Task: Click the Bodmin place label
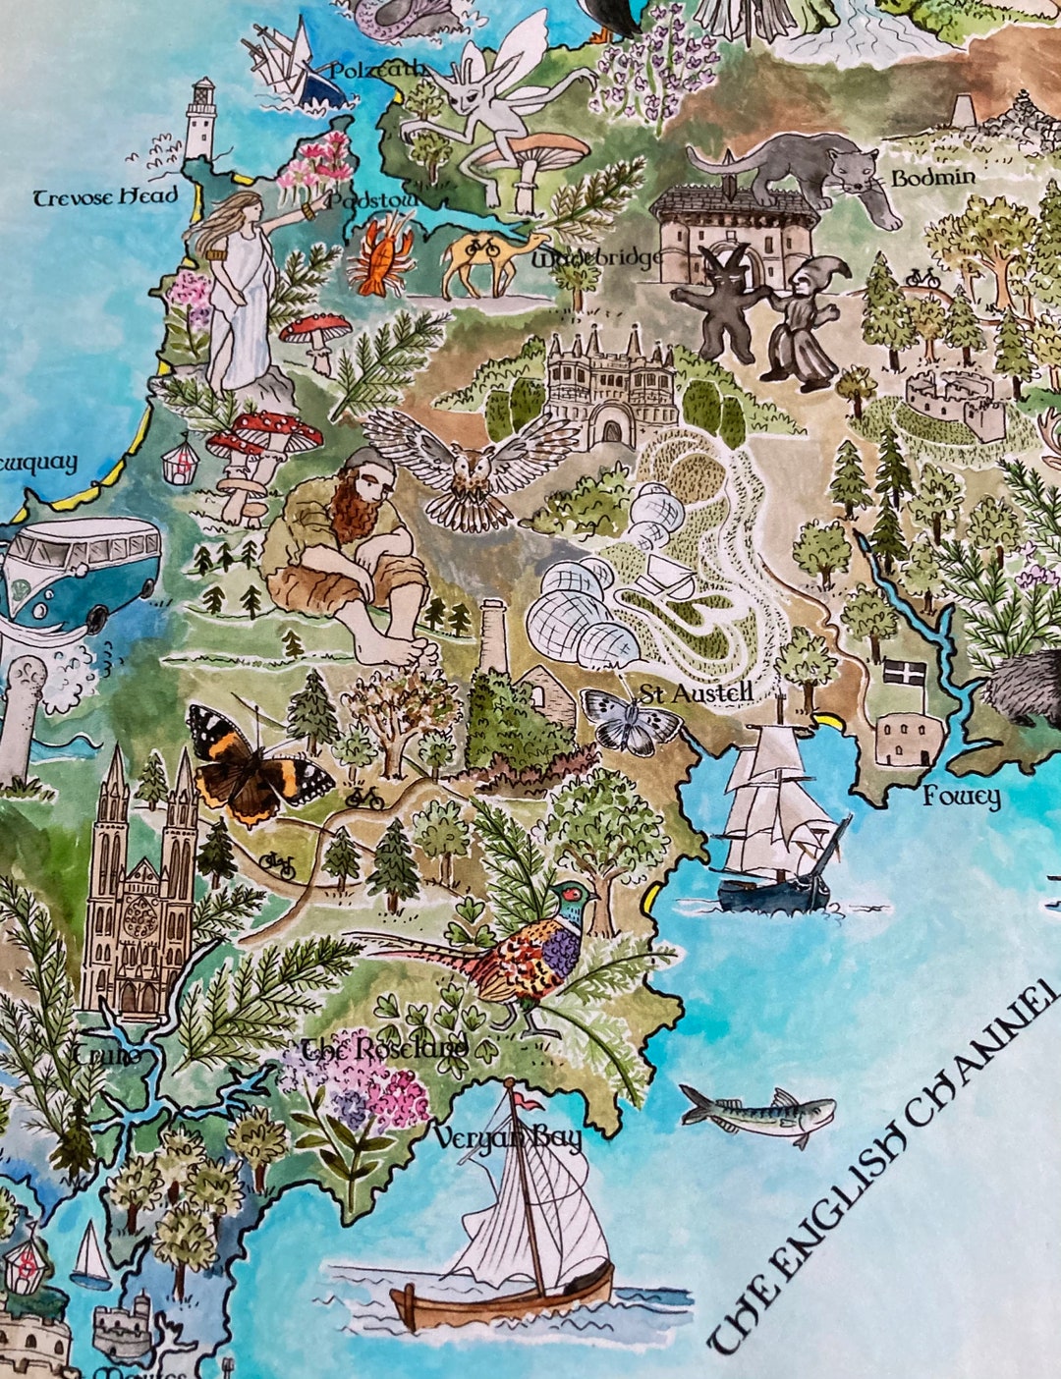pos(933,178)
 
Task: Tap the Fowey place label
pos(961,797)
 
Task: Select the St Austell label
pos(696,693)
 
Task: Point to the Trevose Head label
pos(106,196)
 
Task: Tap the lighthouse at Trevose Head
pos(201,120)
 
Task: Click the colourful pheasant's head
pos(573,895)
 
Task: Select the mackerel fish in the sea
pos(758,1113)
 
